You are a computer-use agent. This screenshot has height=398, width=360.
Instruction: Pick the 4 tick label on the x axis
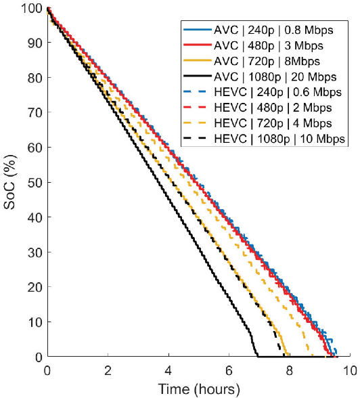click(x=168, y=370)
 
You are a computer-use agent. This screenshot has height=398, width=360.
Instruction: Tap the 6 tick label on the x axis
click(x=229, y=370)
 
